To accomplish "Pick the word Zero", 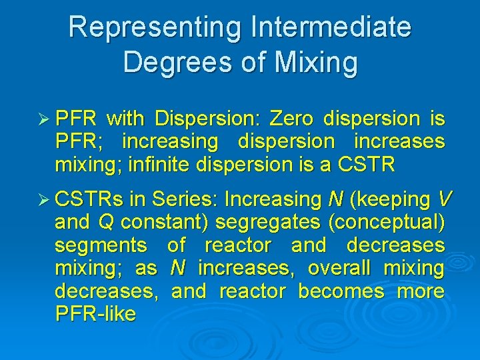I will (x=293, y=119).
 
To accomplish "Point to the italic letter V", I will (x=445, y=199).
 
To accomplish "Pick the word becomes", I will (x=341, y=291).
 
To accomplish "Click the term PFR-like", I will (x=96, y=314).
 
